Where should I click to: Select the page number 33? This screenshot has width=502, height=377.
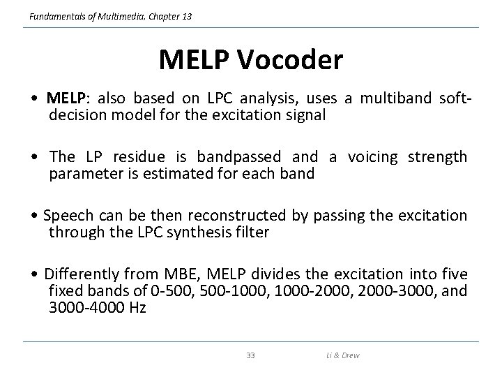coord(251,355)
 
